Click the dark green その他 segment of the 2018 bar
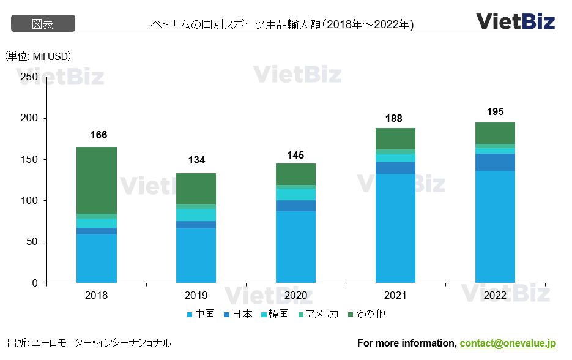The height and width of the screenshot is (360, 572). pos(97,180)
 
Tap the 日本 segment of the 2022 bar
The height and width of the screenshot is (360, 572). pos(495,162)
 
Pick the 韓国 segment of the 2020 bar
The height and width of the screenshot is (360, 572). pos(295,193)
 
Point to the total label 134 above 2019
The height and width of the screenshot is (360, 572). pos(196,160)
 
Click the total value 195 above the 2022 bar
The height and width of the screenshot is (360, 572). pos(495,112)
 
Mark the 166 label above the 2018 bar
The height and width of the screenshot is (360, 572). pos(97,135)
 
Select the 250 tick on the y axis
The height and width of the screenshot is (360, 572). pos(29,77)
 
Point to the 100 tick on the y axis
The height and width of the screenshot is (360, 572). pos(29,201)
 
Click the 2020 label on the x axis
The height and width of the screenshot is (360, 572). pos(295,295)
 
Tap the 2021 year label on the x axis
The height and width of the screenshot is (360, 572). pos(395,295)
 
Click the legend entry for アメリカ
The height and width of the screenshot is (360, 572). pos(318,314)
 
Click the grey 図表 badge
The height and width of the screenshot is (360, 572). pos(43,24)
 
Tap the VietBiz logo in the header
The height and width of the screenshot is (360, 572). pos(515,21)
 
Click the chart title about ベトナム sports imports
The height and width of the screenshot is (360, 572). pos(282,24)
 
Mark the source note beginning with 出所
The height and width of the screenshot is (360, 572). pos(89,343)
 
